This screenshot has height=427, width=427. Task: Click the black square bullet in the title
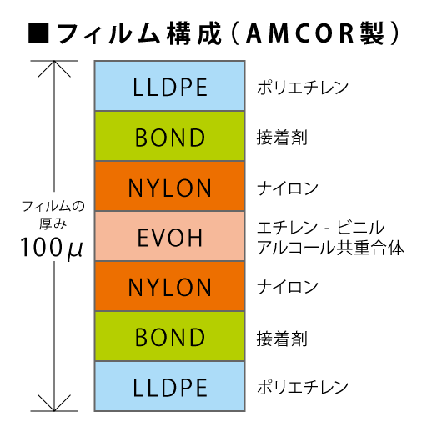point(38,33)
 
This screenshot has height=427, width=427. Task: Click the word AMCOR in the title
point(300,33)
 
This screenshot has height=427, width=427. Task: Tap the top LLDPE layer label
point(170,87)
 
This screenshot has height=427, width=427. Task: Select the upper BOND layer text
point(170,138)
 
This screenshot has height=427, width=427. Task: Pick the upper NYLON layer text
point(170,188)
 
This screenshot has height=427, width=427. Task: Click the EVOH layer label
point(170,238)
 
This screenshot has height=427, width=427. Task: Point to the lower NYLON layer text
point(170,288)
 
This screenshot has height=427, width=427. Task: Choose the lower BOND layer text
point(170,337)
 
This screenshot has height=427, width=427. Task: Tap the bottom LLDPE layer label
point(170,388)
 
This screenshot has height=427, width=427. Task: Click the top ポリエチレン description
point(303,88)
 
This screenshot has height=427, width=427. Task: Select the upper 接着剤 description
point(282,138)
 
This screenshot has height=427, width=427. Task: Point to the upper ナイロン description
point(288,188)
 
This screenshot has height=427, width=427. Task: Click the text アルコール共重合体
point(330,248)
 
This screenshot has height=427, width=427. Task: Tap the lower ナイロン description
point(288,287)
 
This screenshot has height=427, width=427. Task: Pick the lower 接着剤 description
point(282,339)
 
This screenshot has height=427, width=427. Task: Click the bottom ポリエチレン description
point(303,387)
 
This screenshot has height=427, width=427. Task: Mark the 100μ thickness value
point(52,248)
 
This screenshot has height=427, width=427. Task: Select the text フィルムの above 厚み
point(53,207)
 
